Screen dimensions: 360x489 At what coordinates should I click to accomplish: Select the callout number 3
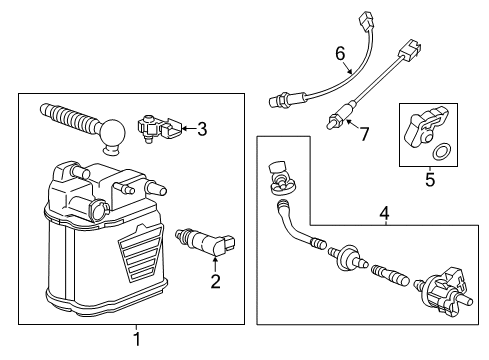201,128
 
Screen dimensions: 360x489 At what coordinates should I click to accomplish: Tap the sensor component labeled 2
203,244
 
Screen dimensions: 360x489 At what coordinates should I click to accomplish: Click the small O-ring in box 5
440,153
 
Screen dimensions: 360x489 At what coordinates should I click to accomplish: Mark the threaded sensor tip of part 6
279,100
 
